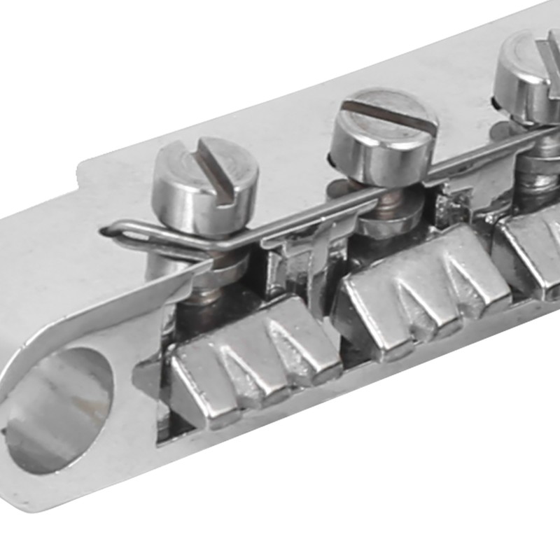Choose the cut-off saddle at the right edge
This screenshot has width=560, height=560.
point(532,245)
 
